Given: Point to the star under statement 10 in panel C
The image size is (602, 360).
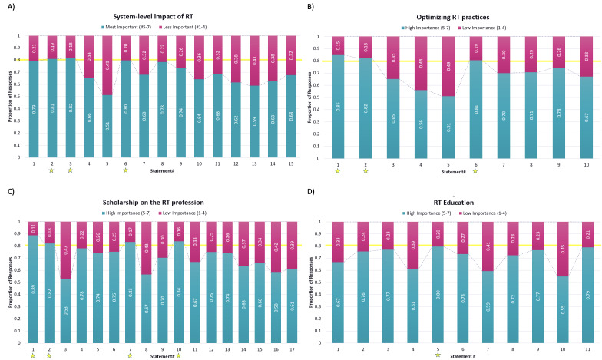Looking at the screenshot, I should coord(178,355).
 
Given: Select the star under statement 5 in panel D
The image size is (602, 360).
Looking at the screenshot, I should coord(437,355).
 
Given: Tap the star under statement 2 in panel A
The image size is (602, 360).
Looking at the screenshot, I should coord(51,173).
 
